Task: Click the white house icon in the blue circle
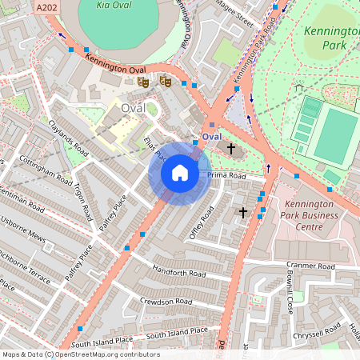tap(180, 172)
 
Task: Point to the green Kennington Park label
tap(329, 37)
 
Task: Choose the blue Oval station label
tap(211, 137)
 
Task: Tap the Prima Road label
tap(226, 174)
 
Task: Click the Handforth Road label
tap(179, 273)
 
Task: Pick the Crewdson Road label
tap(166, 302)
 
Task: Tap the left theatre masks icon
tap(143, 82)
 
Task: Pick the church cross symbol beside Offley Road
tap(244, 213)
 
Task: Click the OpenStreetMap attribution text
tap(80, 354)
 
